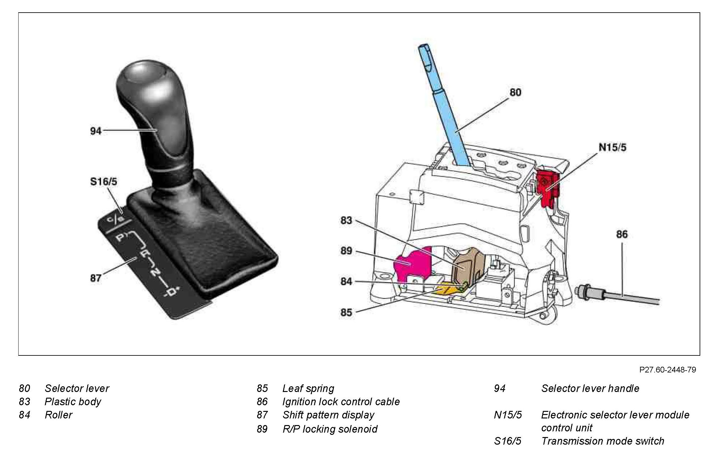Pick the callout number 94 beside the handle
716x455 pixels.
[95, 131]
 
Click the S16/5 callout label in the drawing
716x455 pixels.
[103, 182]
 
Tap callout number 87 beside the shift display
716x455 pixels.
[95, 278]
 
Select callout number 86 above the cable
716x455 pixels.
[621, 234]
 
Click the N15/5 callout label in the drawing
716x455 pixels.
[612, 147]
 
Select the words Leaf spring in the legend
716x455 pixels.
[308, 389]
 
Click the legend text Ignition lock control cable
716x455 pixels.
[341, 402]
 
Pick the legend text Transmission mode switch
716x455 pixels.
[602, 441]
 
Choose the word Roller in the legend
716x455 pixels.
[58, 415]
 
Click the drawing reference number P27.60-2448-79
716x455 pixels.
[667, 370]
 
